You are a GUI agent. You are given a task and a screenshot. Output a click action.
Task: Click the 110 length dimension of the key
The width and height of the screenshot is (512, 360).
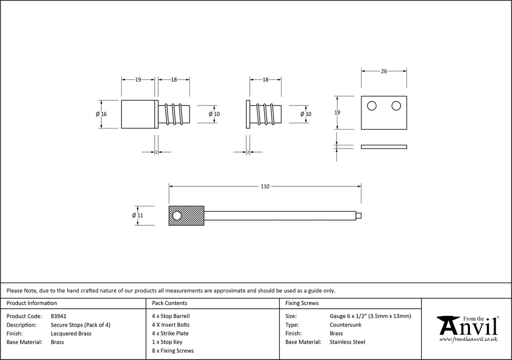(265, 187)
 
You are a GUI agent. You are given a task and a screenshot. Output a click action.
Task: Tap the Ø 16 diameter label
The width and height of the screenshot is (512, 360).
(101, 114)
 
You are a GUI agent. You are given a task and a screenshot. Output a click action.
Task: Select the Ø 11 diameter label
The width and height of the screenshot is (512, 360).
(137, 216)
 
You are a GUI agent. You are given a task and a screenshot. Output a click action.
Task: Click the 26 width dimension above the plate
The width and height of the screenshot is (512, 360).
(384, 72)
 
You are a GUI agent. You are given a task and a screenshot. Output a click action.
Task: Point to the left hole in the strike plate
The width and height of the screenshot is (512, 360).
(372, 106)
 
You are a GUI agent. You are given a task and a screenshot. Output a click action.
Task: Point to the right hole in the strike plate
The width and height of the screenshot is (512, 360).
(396, 106)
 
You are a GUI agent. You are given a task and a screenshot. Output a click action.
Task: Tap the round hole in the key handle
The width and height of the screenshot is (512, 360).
(177, 216)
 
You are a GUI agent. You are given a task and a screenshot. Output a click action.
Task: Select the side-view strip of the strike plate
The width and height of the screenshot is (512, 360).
(384, 146)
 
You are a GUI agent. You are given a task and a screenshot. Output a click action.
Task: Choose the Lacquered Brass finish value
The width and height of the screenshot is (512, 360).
(71, 333)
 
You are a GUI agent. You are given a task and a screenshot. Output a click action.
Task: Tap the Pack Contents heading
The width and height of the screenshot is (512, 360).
(169, 303)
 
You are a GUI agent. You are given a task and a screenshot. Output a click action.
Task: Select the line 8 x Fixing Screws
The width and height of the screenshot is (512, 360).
(173, 351)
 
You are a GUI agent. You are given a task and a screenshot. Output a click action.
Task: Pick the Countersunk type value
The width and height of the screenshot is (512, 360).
(346, 325)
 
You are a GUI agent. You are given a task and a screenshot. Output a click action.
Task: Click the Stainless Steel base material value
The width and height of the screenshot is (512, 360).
(348, 342)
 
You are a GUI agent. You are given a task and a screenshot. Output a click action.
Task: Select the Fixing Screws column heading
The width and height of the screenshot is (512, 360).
(302, 303)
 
